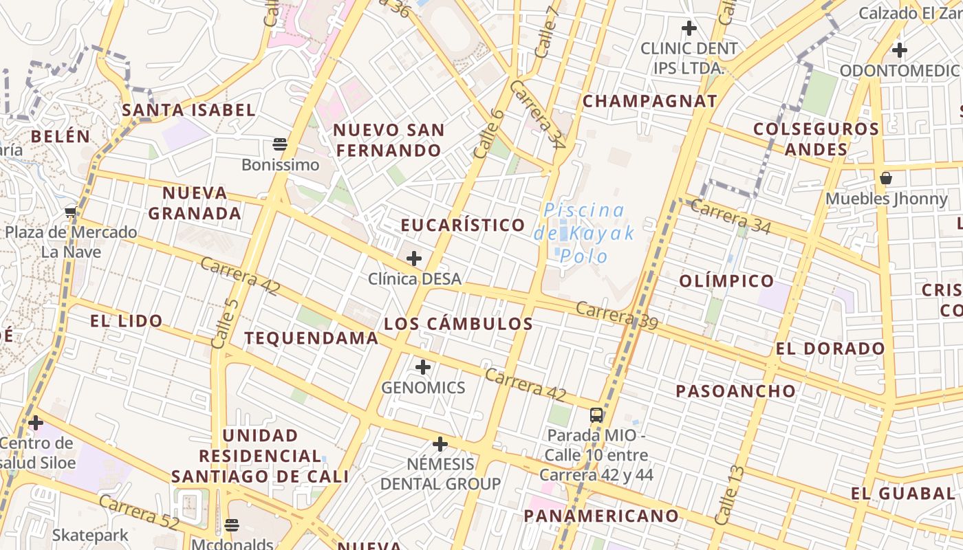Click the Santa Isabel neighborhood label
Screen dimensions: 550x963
click(188, 110)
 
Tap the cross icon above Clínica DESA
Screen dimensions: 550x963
click(414, 258)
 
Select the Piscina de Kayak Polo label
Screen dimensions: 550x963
click(584, 233)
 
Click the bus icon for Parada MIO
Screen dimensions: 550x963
click(596, 415)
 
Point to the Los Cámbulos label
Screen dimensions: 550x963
click(458, 324)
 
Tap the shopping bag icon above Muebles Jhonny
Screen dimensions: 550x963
click(886, 179)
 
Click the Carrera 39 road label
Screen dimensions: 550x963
click(616, 315)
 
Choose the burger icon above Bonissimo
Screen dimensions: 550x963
click(279, 144)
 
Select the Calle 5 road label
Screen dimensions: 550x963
click(225, 324)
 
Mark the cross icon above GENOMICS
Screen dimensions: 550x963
click(423, 367)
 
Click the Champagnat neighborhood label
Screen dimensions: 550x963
click(650, 101)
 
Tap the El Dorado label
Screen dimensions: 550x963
click(830, 349)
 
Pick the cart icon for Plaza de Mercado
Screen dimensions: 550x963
click(70, 212)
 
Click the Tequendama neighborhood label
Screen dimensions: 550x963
click(311, 338)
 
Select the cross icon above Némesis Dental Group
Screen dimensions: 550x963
click(440, 444)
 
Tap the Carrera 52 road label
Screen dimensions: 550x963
click(139, 512)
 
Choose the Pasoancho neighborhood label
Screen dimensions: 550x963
click(735, 391)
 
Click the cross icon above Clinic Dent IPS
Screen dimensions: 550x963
click(689, 29)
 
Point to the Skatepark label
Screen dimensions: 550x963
click(90, 535)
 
